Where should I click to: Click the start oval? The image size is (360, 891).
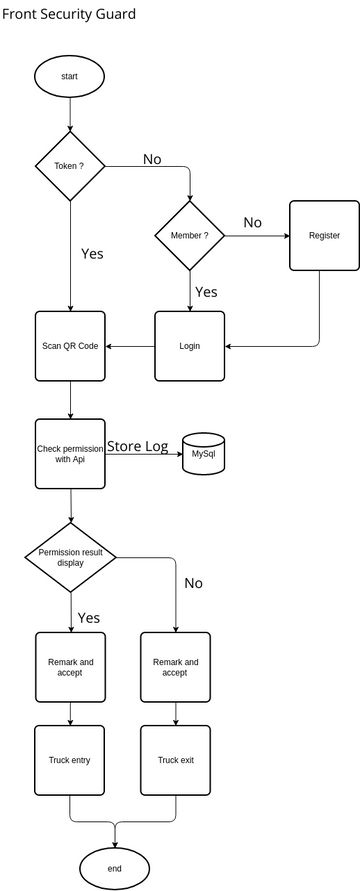(x=70, y=75)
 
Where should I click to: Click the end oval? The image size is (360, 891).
(x=114, y=868)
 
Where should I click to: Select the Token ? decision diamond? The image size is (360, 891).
(x=70, y=165)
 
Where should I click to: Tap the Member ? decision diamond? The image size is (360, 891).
(x=190, y=235)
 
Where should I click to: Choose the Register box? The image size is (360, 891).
(x=324, y=235)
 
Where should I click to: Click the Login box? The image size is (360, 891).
(x=190, y=345)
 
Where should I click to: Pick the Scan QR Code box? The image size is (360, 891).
(x=70, y=345)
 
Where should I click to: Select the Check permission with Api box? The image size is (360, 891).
(x=70, y=453)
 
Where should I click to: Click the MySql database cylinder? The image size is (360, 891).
(x=203, y=454)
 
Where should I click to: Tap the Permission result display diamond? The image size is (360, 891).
(x=70, y=556)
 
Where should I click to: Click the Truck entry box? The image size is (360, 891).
(x=70, y=760)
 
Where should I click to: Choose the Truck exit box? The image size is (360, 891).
(x=176, y=760)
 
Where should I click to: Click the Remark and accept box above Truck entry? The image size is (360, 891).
(x=70, y=667)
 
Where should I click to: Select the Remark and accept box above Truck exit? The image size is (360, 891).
(x=176, y=667)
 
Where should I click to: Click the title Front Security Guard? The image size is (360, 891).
(x=68, y=15)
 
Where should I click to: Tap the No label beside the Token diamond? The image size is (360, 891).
(x=152, y=159)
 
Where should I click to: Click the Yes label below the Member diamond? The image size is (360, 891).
(x=206, y=292)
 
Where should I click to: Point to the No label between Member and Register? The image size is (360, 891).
(x=253, y=222)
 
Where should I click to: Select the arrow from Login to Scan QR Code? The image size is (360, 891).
(x=130, y=346)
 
